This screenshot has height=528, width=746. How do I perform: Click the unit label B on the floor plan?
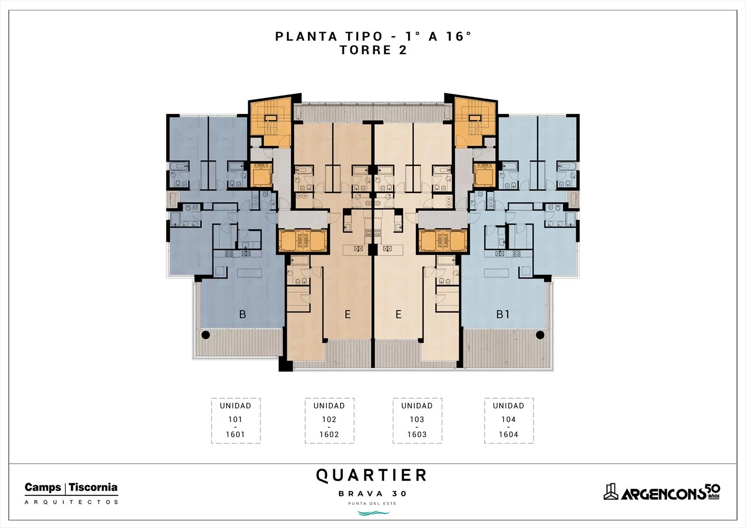pos(243,314)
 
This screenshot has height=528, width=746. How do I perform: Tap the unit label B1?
pos(503,314)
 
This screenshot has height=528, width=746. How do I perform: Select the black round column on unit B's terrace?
pos(206,335)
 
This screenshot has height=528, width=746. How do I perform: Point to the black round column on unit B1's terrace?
pos(540,335)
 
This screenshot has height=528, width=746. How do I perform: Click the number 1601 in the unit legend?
pos(236,435)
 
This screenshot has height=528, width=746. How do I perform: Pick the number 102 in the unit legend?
pos(330,419)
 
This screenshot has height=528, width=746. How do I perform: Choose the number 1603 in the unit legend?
pos(417,435)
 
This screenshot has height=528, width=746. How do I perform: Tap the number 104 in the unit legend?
pos(509,419)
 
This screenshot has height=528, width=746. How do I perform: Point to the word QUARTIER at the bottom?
pos(371,475)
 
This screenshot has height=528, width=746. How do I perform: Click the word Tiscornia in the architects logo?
pos(93,488)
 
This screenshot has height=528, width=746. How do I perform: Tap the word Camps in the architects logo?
pos(43,488)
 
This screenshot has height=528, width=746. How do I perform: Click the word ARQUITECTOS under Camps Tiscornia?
pos(71,502)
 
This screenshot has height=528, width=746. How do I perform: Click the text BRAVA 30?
pos(373,493)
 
